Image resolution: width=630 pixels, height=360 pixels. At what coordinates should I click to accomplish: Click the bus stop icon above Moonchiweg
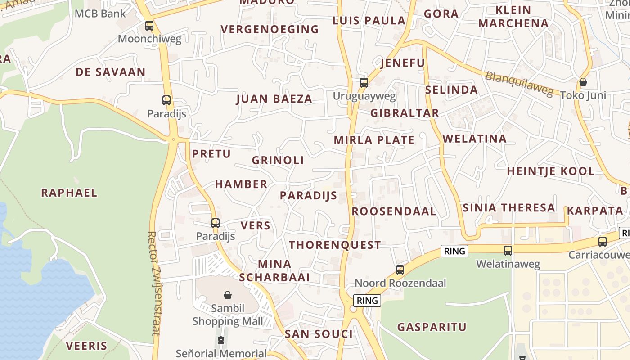tap(149, 26)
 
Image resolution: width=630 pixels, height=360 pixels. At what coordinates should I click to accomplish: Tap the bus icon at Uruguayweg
tap(364, 83)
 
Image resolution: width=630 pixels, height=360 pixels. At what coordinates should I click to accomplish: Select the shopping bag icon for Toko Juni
tap(583, 82)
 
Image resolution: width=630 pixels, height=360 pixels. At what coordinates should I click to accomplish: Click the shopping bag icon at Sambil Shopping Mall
tap(228, 295)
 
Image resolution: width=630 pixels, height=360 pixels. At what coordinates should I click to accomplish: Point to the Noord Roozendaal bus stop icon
tap(400, 270)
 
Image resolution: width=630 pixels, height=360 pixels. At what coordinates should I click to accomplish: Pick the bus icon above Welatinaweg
tap(508, 251)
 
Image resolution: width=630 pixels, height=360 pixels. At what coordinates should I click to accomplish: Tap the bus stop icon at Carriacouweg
tap(603, 242)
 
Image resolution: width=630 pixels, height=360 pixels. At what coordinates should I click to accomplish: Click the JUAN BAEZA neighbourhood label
tap(274, 99)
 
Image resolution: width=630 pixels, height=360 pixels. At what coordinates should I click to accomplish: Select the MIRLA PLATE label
tap(374, 140)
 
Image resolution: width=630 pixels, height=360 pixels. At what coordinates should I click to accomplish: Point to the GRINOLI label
tap(278, 160)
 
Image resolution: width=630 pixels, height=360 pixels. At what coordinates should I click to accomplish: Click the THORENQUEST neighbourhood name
tap(335, 245)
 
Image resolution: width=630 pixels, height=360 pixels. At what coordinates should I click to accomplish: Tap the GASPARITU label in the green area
tap(432, 327)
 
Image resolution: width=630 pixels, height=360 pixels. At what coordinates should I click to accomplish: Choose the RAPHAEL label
tap(69, 193)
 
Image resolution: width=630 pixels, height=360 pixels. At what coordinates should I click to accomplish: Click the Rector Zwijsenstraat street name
tap(153, 283)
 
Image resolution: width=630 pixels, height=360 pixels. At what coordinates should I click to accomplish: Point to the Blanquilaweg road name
tap(519, 84)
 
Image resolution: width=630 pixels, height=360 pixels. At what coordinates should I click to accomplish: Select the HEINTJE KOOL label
tap(551, 171)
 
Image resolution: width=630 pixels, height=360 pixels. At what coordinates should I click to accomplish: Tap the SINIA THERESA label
tap(508, 208)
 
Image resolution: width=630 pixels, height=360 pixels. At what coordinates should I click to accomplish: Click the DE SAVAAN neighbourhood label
tap(110, 72)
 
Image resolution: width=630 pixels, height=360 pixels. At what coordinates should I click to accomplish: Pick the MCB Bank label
tap(100, 13)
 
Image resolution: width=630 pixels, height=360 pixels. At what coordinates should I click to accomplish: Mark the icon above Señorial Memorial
tap(221, 340)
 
